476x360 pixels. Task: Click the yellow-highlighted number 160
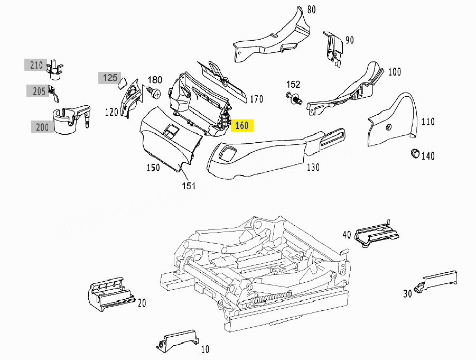242,126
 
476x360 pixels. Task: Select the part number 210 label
36,65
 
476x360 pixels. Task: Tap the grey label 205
39,91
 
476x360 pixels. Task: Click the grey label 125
109,78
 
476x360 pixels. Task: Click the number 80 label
311,9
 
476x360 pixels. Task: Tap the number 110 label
428,122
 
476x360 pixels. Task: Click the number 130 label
313,168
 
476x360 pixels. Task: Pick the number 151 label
189,186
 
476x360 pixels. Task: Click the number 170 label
256,99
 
